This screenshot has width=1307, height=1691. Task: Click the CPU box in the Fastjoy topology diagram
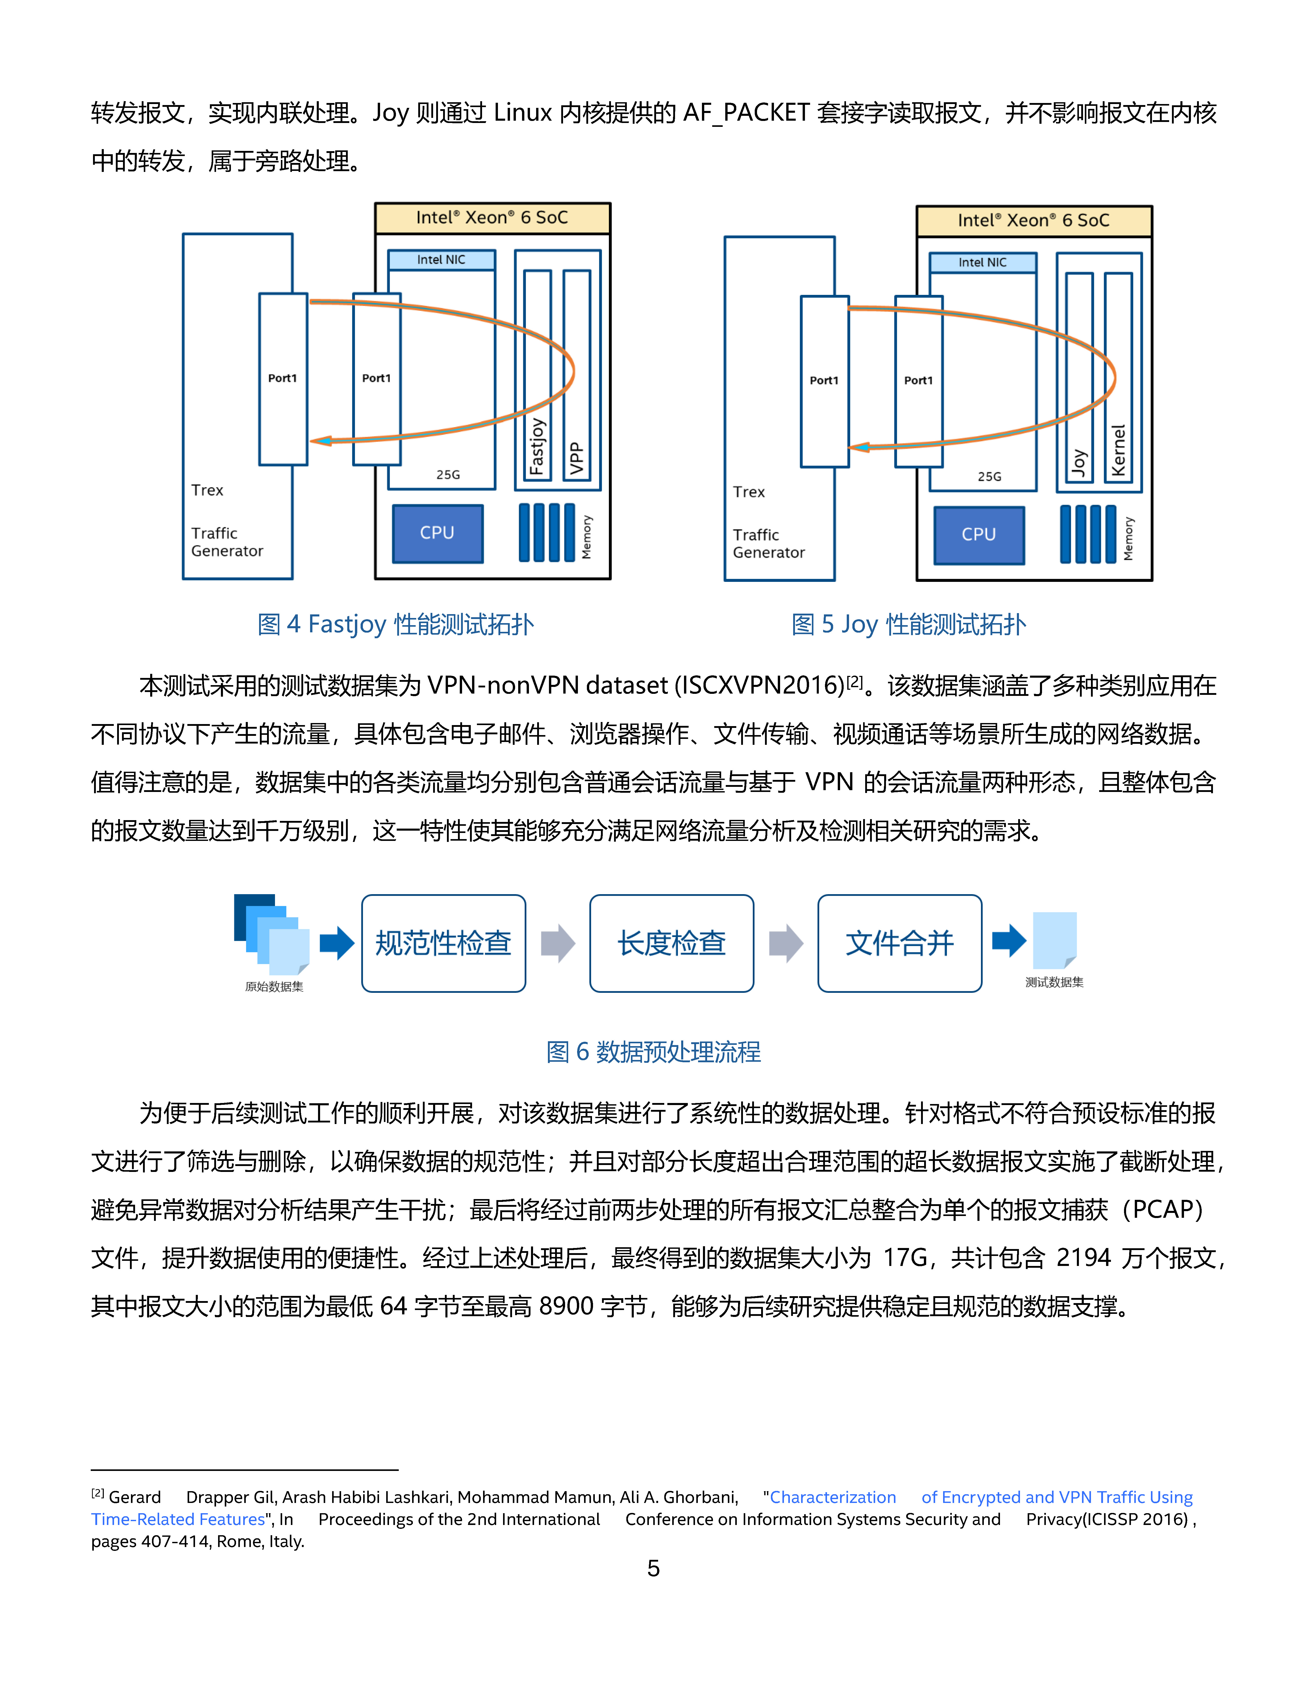click(437, 533)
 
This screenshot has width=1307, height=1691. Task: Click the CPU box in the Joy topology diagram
click(979, 535)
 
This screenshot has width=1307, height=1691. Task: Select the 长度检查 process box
click(671, 943)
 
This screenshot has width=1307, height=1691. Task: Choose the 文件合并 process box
click(900, 943)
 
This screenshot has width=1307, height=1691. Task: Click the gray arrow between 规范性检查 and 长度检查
click(557, 943)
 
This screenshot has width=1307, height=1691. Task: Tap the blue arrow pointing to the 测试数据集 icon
click(1009, 941)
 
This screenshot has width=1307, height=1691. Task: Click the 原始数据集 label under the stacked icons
click(274, 986)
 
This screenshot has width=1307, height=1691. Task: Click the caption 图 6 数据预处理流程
click(653, 1052)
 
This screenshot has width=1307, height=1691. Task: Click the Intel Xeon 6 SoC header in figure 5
click(1034, 221)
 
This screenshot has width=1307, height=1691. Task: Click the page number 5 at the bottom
click(653, 1569)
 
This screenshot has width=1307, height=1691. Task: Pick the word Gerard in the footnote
click(135, 1498)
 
